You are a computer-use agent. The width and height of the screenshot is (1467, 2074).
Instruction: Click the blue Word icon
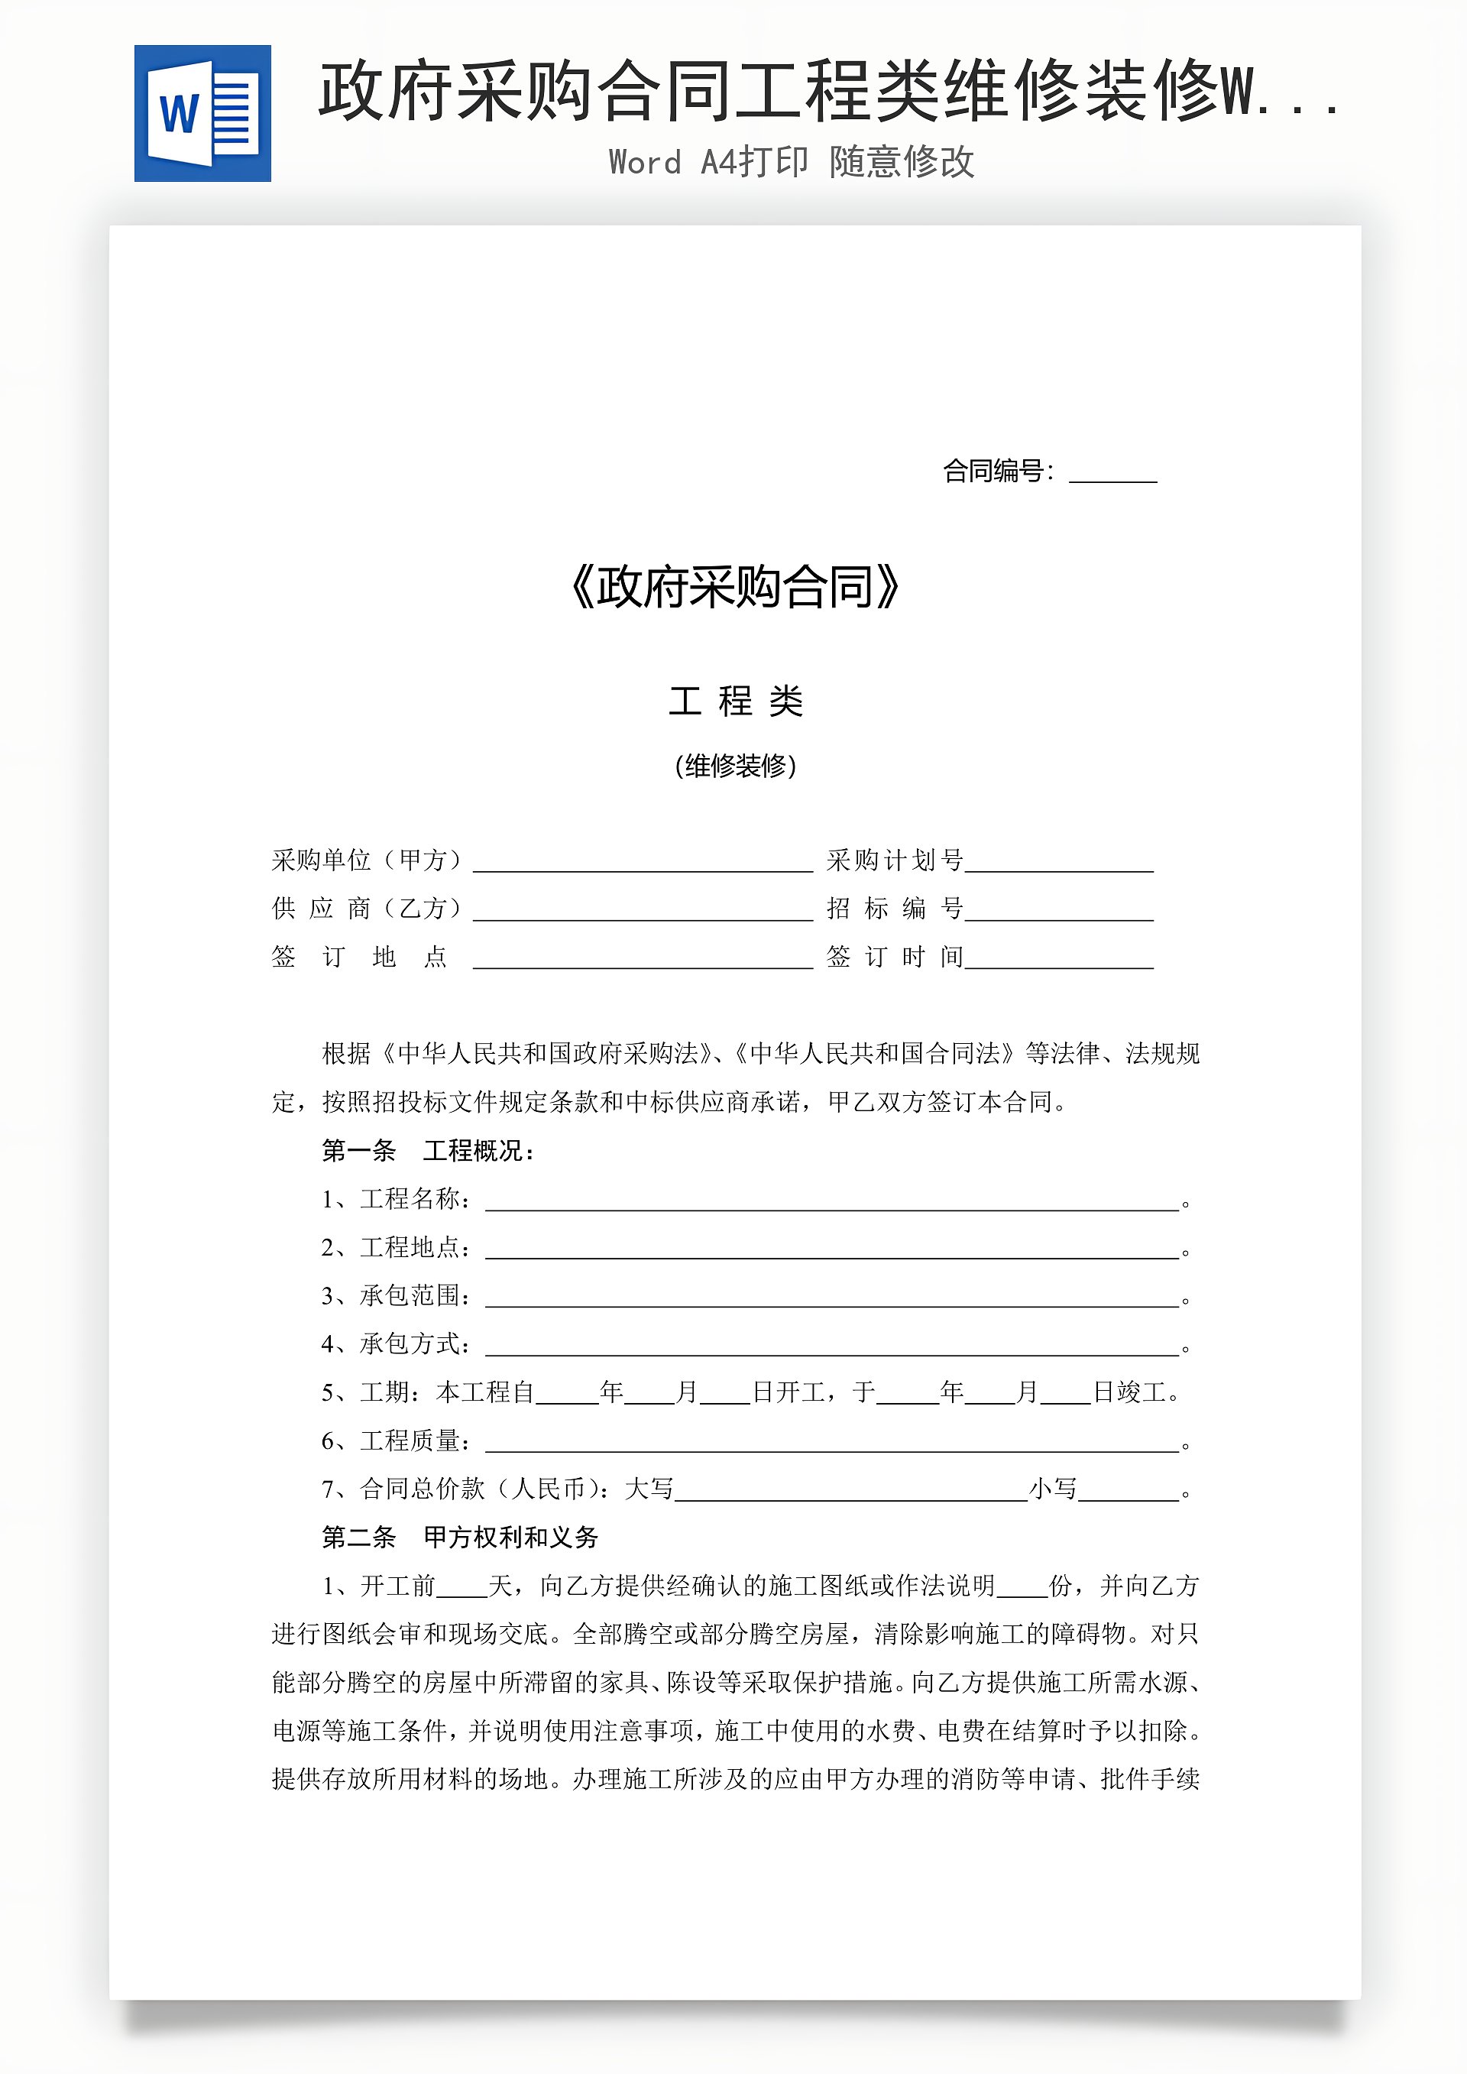202,113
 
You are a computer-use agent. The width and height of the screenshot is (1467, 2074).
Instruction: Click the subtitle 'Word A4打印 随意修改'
792,163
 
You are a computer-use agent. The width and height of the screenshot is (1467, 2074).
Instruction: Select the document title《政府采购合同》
735,587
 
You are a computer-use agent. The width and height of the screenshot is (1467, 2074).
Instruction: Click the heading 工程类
735,701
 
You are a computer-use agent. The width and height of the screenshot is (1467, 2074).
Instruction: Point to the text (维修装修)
735,766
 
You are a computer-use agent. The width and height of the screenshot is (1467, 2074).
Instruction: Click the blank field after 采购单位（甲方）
643,863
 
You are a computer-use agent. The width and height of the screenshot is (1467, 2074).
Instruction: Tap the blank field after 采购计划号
1059,863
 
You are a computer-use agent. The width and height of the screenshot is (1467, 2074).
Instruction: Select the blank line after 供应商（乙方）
643,911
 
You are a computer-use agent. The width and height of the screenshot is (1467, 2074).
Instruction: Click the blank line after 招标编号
1059,911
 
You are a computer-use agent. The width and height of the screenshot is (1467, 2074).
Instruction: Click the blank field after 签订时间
1059,959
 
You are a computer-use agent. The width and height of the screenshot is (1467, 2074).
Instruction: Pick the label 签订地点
360,957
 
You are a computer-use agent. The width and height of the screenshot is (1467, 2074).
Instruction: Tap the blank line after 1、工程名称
832,1201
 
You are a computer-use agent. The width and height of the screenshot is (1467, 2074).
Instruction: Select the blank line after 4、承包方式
832,1346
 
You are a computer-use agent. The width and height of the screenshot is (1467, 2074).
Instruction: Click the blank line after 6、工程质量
832,1443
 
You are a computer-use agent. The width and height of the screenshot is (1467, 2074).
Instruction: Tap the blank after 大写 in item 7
851,1492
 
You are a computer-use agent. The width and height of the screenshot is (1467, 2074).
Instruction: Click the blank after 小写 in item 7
1129,1492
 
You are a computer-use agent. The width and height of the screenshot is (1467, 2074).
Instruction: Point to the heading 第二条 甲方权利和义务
460,1537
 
